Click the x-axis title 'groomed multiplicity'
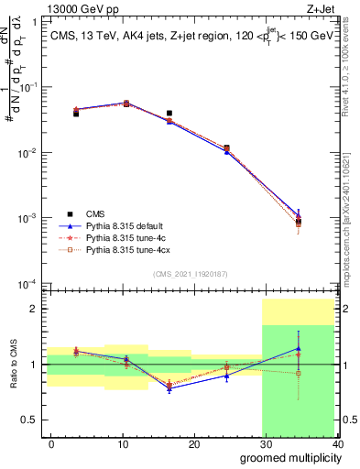[288, 456]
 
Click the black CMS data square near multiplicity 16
[169, 114]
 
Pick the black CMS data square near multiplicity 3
[76, 114]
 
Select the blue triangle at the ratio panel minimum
[169, 387]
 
